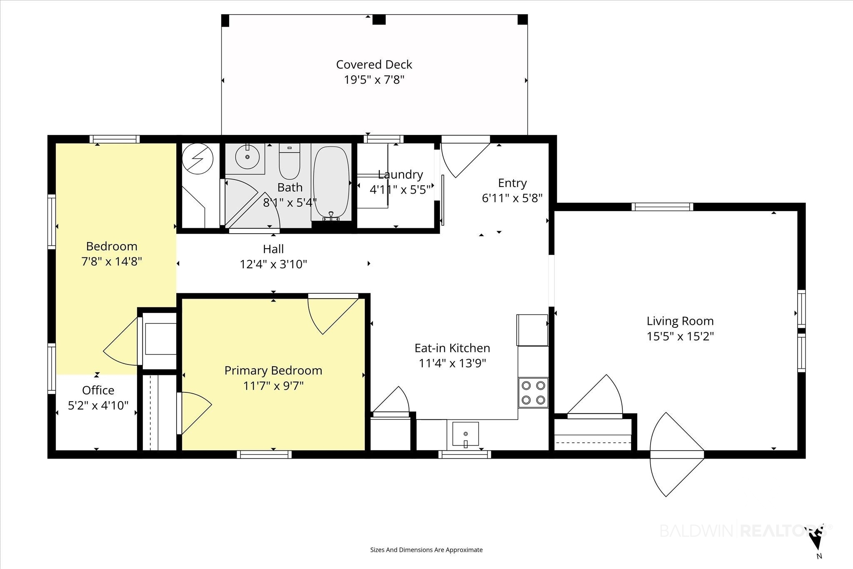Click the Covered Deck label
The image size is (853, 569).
coord(374,65)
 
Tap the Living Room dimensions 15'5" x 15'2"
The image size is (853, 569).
coord(680,336)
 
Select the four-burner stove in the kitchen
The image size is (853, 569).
coord(533,393)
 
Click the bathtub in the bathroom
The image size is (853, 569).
coord(331,182)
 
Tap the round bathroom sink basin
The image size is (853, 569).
coord(247,157)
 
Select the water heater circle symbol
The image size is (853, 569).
coord(198,159)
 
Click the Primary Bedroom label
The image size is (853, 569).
coord(273,371)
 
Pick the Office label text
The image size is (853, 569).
coord(98,390)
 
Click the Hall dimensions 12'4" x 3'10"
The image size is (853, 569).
coord(273,265)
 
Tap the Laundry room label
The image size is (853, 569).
coord(400,175)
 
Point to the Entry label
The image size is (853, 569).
coord(512,183)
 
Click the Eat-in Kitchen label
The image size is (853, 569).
coord(452,348)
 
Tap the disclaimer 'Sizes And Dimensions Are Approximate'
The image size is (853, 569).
coord(426,550)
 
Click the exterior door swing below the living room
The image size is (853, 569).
coord(677,454)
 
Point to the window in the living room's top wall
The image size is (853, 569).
coord(662,207)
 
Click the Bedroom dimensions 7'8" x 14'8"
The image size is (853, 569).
coord(112,262)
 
